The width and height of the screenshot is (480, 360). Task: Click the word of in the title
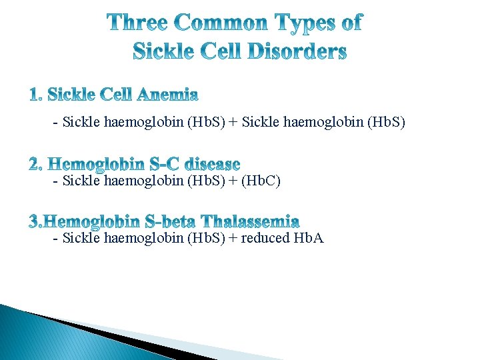pyautogui.click(x=351, y=23)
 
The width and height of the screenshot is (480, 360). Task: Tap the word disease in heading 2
pyautogui.click(x=213, y=163)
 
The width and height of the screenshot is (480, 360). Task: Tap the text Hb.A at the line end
pyautogui.click(x=308, y=238)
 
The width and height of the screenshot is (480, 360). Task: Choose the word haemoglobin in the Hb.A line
pyautogui.click(x=137, y=238)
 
